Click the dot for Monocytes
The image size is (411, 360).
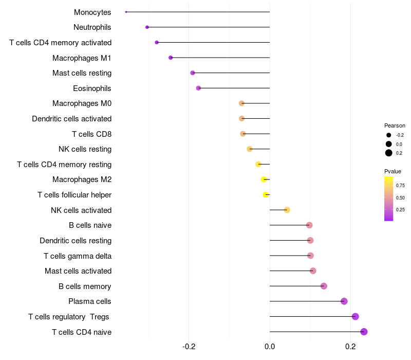tap(126, 12)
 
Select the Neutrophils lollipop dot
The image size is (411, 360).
tap(147, 27)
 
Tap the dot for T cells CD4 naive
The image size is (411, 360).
tap(364, 332)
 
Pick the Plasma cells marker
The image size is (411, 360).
tap(344, 301)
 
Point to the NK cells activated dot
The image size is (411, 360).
tap(287, 210)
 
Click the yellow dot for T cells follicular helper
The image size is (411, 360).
tap(266, 195)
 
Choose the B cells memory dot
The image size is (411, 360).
tap(324, 286)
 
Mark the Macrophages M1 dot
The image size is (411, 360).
tap(171, 58)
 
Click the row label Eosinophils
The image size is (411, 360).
tap(92, 88)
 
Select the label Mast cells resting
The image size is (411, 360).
tap(82, 73)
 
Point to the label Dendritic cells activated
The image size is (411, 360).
tap(71, 119)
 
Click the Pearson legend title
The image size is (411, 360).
tap(395, 125)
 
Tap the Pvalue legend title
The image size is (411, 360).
tap(393, 171)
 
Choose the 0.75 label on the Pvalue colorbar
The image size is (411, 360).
tap(400, 185)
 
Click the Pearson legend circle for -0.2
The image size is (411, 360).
tap(389, 135)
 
